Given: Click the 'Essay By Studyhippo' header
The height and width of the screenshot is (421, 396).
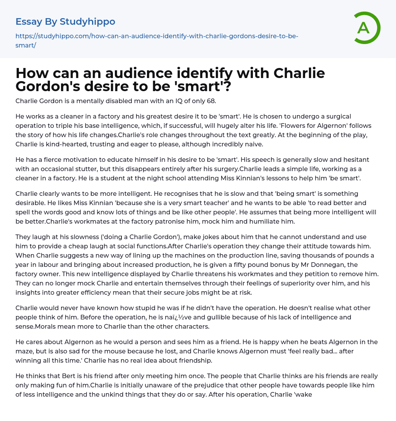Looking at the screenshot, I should click(x=65, y=22).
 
